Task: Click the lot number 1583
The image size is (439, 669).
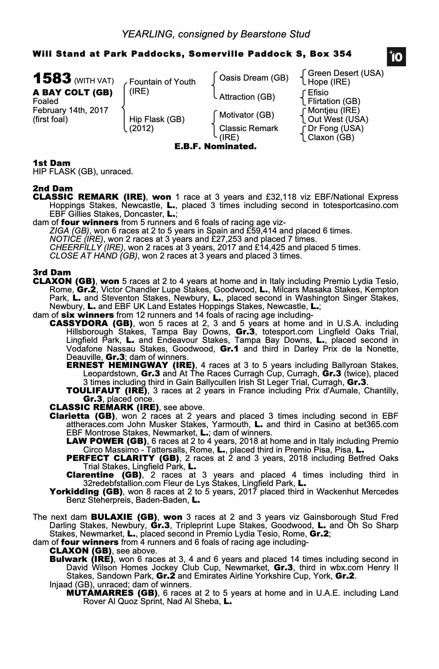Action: [x=52, y=78]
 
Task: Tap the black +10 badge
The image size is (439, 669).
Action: [x=396, y=57]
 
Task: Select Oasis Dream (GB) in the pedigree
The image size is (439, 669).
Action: [x=254, y=78]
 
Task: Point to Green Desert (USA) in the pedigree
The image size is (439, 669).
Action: [x=345, y=73]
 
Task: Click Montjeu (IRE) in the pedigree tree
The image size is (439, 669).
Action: [x=334, y=110]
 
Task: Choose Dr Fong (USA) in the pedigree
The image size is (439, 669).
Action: [x=335, y=128]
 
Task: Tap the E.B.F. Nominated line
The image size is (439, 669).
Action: [x=215, y=147]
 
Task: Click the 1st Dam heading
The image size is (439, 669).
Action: [x=51, y=163]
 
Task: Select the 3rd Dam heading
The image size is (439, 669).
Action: [x=52, y=273]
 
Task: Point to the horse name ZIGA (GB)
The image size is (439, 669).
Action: [x=69, y=231]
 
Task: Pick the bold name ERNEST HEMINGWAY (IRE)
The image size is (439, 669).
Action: [x=131, y=365]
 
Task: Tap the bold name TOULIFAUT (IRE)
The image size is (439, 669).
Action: [x=107, y=391]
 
